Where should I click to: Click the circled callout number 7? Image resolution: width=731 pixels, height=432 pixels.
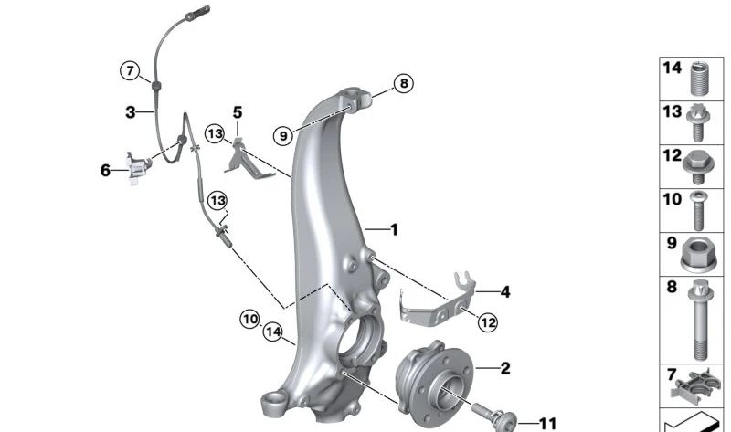tap(130, 69)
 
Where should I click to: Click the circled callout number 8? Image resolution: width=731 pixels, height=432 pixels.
tap(403, 84)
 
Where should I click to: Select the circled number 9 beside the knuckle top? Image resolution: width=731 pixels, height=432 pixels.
tap(283, 135)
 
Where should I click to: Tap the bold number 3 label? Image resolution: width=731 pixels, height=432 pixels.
tap(131, 112)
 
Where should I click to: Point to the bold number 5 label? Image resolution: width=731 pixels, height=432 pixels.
tap(238, 112)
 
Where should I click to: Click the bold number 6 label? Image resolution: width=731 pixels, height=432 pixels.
tap(105, 170)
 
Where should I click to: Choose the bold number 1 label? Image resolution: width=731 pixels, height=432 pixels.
tap(394, 229)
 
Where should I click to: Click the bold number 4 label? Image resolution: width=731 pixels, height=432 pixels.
tap(504, 292)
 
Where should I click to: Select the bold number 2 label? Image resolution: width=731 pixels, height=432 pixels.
tap(504, 369)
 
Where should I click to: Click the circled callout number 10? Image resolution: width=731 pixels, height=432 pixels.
tap(250, 319)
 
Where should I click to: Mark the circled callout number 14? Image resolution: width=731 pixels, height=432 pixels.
tap(272, 332)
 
